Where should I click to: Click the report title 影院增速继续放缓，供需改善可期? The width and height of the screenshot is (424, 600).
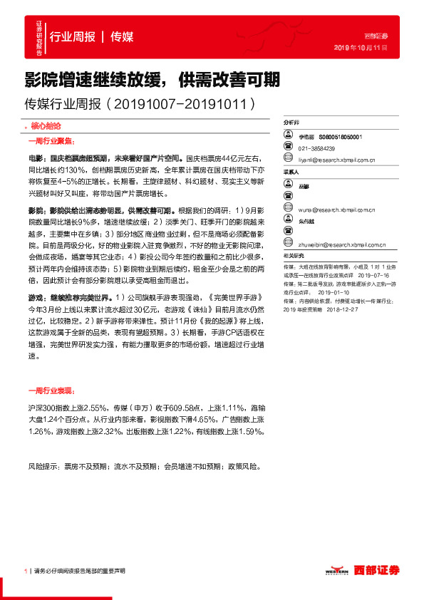click(152, 78)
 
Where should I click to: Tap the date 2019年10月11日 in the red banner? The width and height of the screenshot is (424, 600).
click(361, 48)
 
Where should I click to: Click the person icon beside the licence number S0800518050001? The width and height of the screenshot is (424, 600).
click(288, 136)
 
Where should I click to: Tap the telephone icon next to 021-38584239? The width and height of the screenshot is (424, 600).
click(288, 149)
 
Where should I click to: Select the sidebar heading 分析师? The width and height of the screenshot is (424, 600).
click(291, 123)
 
